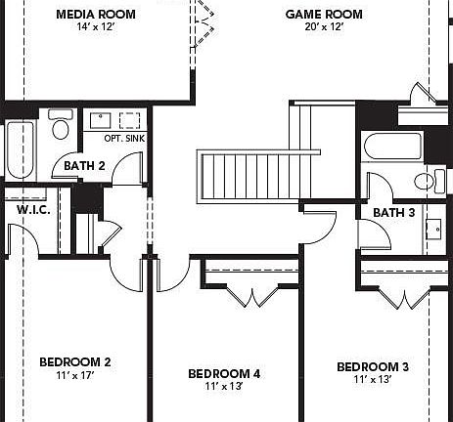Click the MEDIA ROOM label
95,15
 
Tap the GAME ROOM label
324,15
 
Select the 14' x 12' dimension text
95,27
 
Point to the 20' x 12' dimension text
324,27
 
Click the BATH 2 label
84,165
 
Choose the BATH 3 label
393,212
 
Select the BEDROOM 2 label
74,362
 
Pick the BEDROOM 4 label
224,374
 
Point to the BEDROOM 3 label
373,367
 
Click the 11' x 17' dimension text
74,376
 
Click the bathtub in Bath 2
19,150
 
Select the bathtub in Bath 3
392,147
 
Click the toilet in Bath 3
424,182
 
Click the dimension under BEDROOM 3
373,380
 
